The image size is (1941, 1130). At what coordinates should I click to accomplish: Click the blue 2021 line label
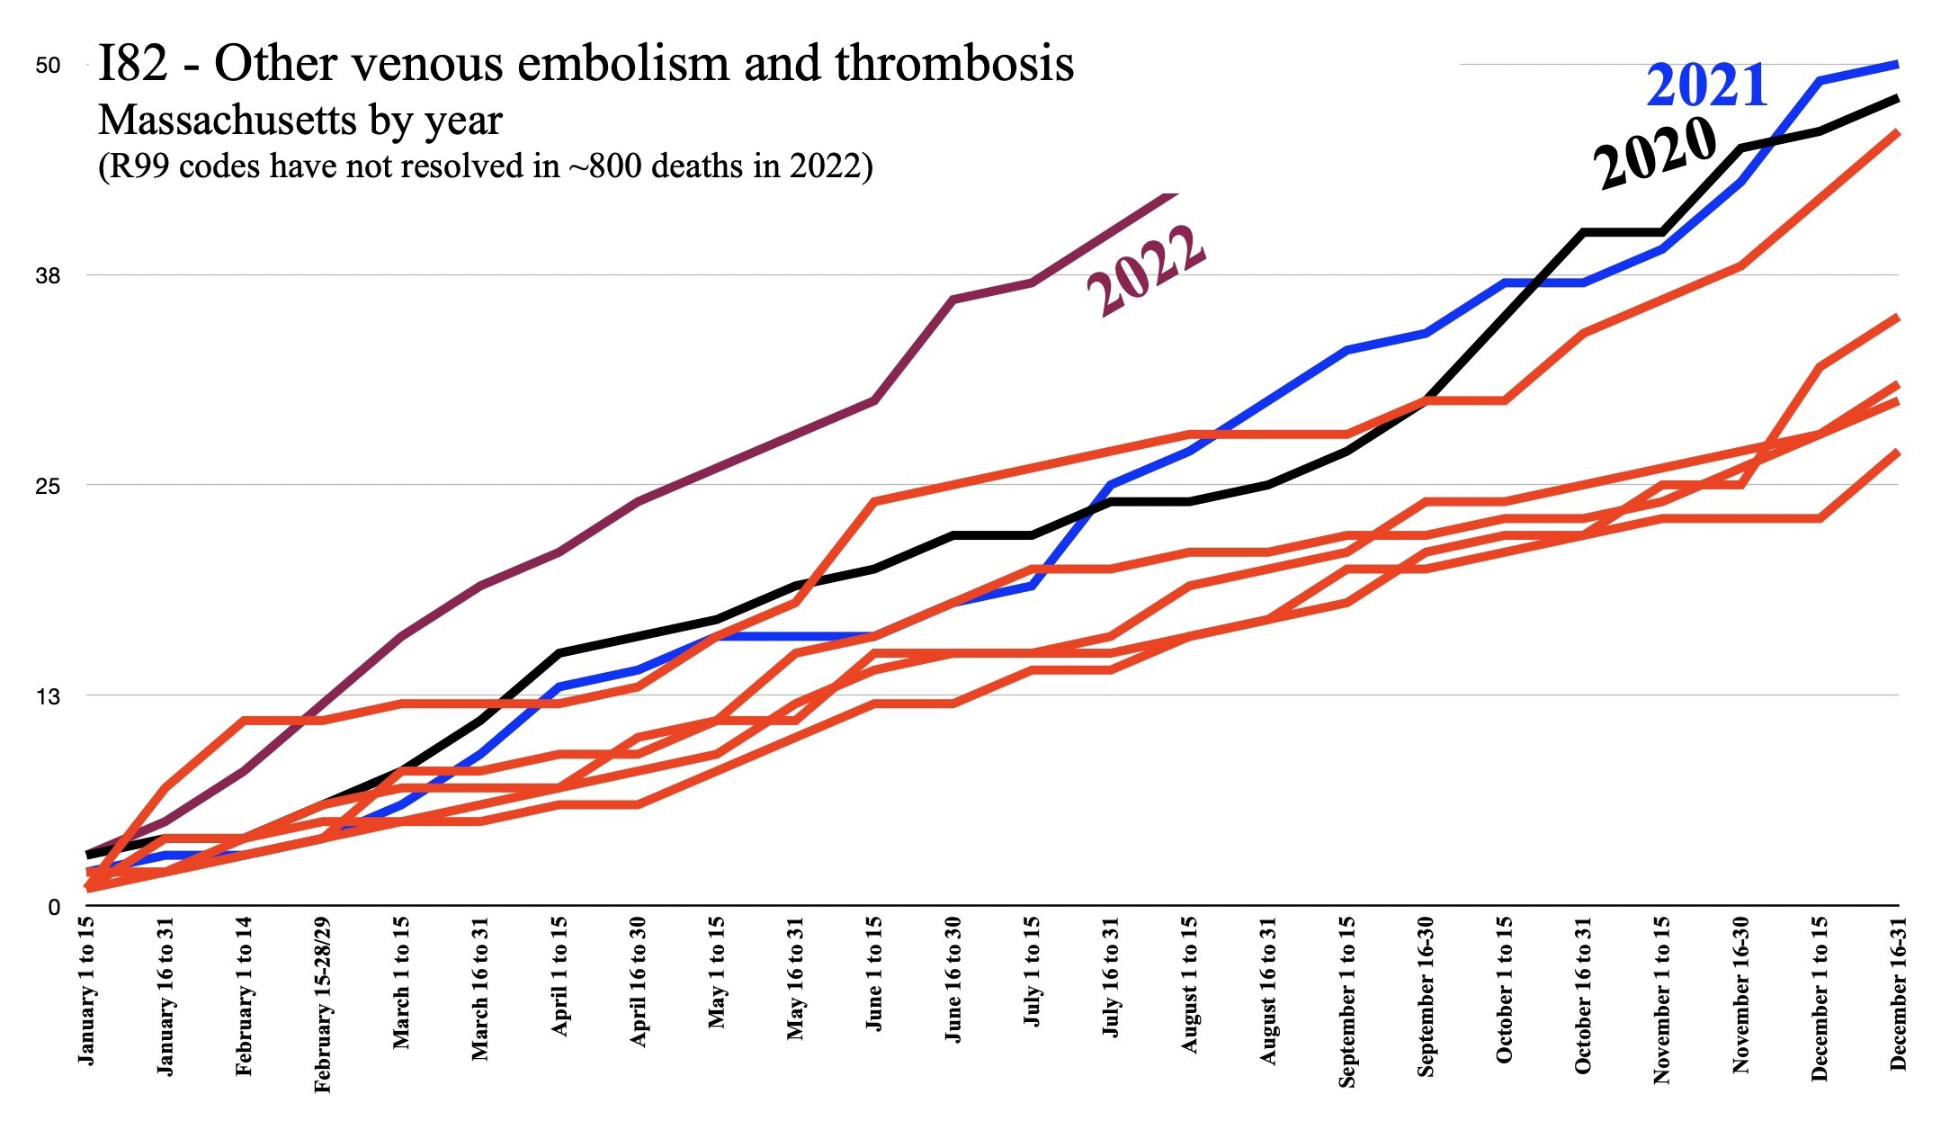[1706, 86]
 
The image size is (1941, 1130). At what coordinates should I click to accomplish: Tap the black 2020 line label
[1655, 153]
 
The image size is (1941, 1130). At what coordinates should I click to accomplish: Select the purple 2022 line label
[1146, 269]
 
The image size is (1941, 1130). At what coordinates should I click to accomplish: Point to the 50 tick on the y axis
[48, 65]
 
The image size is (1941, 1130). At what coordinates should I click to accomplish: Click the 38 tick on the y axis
[48, 275]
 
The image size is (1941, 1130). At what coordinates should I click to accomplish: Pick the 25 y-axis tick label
[48, 486]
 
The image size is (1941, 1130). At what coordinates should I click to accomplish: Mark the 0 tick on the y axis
[54, 907]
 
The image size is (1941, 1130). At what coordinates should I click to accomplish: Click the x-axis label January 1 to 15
[87, 991]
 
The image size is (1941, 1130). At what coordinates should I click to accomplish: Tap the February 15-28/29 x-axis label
[324, 1004]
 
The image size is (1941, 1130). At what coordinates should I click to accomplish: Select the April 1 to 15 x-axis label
[559, 975]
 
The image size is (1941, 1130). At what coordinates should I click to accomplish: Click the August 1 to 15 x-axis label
[1189, 984]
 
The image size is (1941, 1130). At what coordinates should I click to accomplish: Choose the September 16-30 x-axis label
[1426, 995]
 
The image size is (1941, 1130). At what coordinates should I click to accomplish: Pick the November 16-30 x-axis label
[1740, 993]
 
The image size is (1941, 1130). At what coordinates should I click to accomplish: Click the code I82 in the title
[133, 64]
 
